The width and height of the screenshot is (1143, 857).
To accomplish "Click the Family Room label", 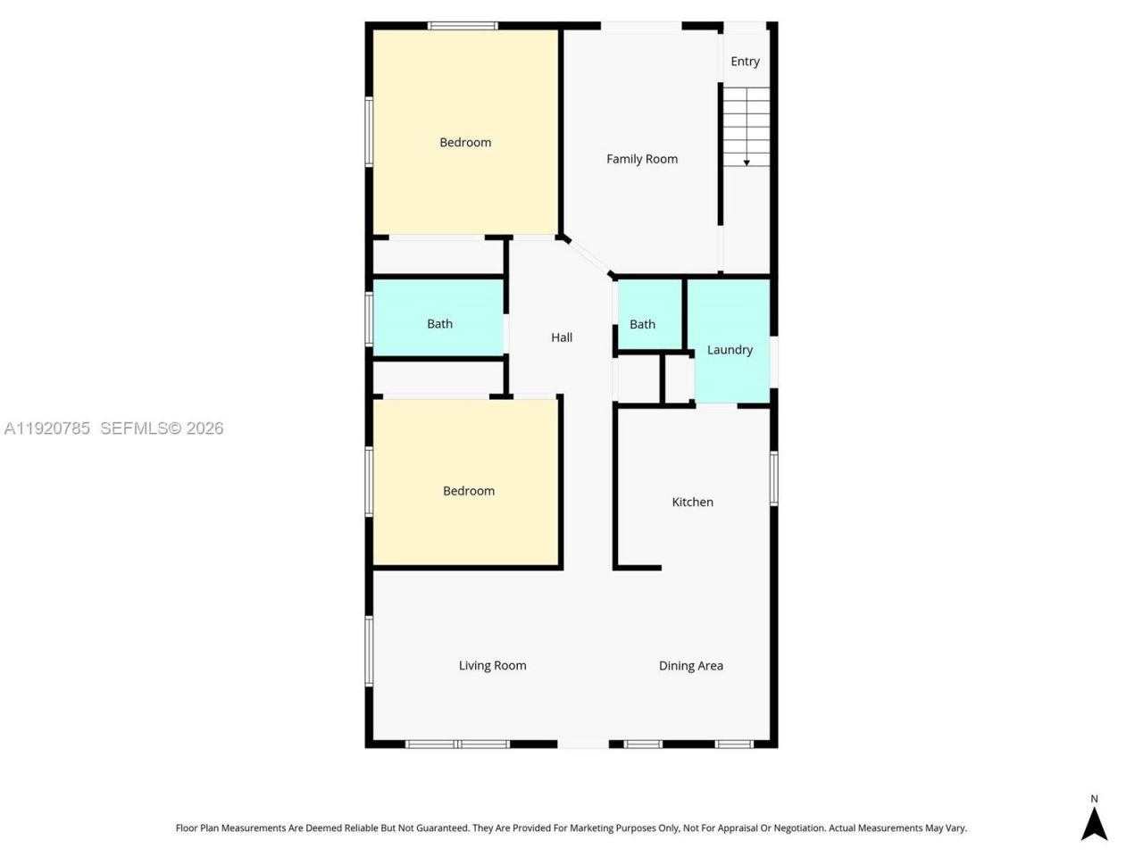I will pyautogui.click(x=641, y=159).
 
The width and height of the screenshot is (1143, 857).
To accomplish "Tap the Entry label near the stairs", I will pyautogui.click(x=745, y=62).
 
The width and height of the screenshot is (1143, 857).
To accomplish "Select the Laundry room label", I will pyautogui.click(x=730, y=350).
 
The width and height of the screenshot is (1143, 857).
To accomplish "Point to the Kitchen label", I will pyautogui.click(x=692, y=502).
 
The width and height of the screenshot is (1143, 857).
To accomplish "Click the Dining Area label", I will pyautogui.click(x=690, y=665).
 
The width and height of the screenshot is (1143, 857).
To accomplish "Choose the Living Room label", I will pyautogui.click(x=492, y=665).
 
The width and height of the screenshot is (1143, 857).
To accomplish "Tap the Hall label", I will pyautogui.click(x=562, y=337).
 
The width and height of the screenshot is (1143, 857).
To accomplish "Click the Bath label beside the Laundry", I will pyautogui.click(x=642, y=324).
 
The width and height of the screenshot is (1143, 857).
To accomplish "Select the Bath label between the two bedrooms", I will pyautogui.click(x=439, y=324).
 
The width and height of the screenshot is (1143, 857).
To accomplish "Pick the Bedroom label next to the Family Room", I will pyautogui.click(x=465, y=142).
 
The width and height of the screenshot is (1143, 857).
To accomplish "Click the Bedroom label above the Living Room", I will pyautogui.click(x=469, y=491).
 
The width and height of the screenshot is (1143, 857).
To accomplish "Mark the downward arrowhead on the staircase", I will pyautogui.click(x=747, y=162).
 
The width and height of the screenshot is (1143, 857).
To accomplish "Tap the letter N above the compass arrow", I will pyautogui.click(x=1094, y=799).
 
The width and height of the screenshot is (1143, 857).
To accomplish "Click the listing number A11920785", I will pyautogui.click(x=47, y=428).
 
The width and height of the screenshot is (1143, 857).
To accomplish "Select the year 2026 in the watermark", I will pyautogui.click(x=205, y=428).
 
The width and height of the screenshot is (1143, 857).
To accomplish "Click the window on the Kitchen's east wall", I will pyautogui.click(x=774, y=479).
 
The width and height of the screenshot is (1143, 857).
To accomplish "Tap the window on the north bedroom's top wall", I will pyautogui.click(x=463, y=26).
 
